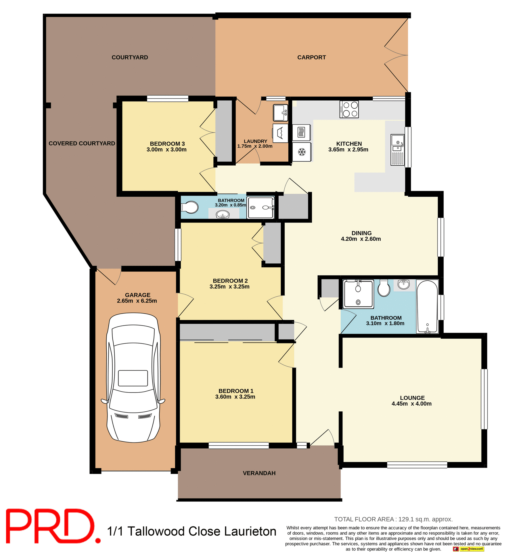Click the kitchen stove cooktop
click(349, 109)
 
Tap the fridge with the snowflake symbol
click(301, 152)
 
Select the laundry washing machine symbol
click(280, 133)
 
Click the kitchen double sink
click(397, 150)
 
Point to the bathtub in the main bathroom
click(427, 306)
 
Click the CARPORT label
click(311, 57)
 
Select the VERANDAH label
click(259, 473)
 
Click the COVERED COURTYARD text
click(82, 143)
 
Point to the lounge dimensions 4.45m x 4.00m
click(411, 403)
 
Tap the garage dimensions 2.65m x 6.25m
click(137, 301)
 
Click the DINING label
click(361, 233)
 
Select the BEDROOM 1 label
click(236, 391)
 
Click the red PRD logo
click(52, 526)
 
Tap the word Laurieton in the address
click(250, 531)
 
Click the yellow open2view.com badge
click(471, 549)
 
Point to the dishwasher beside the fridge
click(301, 133)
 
